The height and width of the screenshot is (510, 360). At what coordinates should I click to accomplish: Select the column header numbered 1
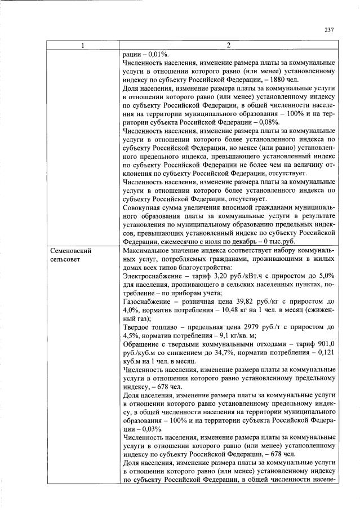tap(82, 46)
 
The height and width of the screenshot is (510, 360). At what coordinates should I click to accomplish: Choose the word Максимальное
tap(148, 250)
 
